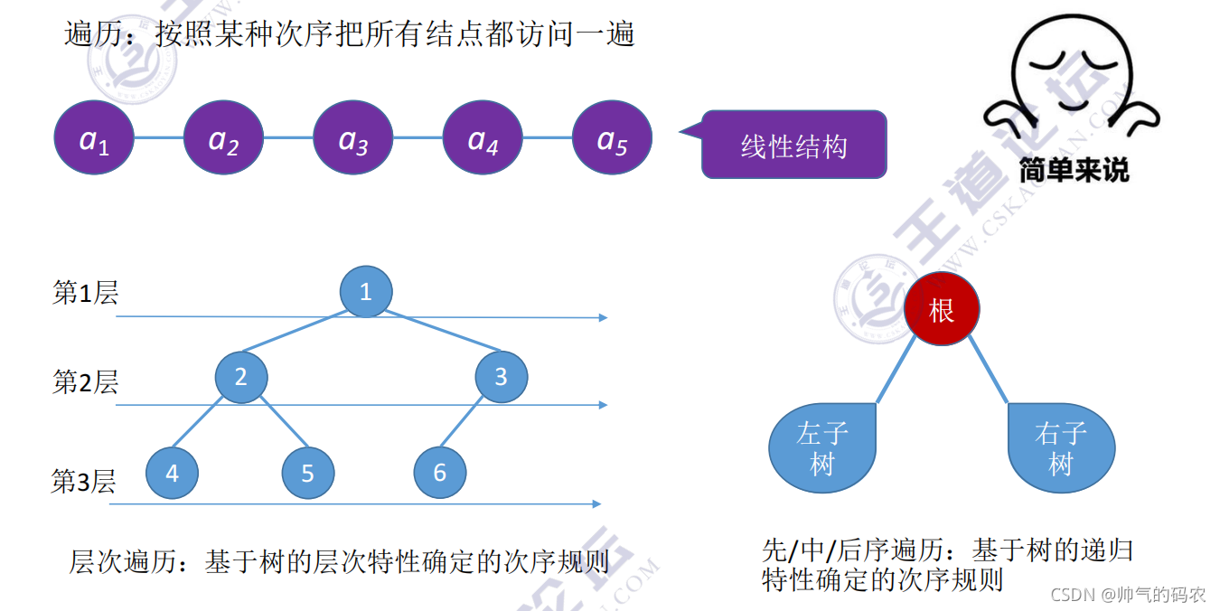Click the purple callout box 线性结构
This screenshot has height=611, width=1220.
click(794, 145)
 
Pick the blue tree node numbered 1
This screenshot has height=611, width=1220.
click(366, 291)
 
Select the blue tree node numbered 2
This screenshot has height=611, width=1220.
click(241, 376)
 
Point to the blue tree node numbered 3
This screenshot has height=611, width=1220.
click(502, 376)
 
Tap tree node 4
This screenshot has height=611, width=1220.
click(172, 473)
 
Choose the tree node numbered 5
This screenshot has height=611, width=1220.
click(308, 473)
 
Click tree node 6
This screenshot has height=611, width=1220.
click(440, 472)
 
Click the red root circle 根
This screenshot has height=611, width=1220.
click(942, 310)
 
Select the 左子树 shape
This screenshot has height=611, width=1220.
click(822, 448)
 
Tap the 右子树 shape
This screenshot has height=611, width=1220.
click(1061, 448)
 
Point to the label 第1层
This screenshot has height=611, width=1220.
click(86, 293)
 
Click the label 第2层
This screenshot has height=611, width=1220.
click(86, 382)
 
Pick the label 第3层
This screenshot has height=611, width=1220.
click(84, 482)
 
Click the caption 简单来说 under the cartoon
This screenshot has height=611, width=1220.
click(1074, 169)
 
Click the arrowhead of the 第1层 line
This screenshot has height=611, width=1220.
click(603, 318)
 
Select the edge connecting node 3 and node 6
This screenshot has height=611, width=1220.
click(471, 424)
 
